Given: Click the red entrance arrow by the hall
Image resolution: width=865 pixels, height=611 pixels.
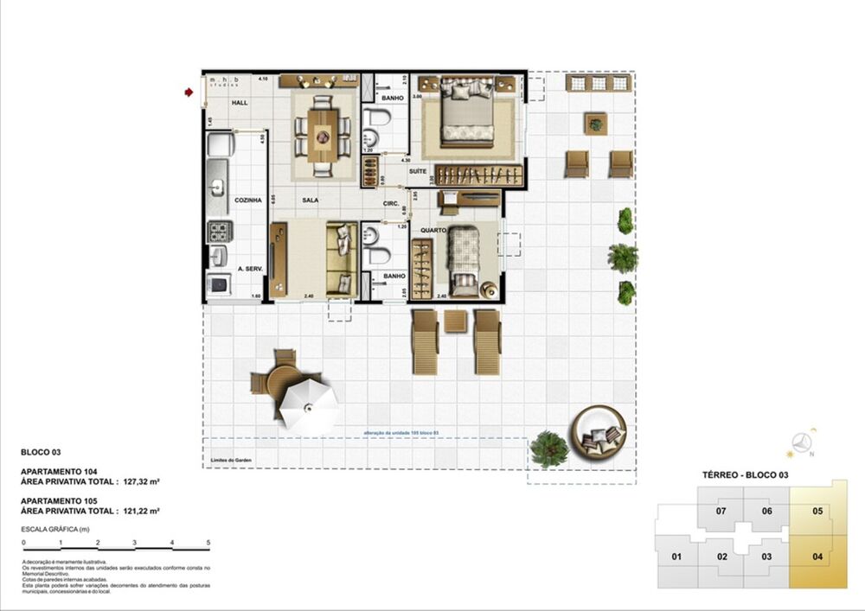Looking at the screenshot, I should [189, 92].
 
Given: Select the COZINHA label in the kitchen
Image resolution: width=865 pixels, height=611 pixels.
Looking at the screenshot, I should [247, 200].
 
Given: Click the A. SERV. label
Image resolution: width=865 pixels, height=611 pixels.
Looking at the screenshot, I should [250, 269].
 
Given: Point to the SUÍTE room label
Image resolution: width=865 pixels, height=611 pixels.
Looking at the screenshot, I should [418, 171].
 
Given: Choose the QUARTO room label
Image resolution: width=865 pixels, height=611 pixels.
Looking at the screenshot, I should [432, 231].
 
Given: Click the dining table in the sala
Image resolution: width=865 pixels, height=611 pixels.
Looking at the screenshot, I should [324, 134].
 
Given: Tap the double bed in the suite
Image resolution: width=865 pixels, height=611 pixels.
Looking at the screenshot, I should [468, 112].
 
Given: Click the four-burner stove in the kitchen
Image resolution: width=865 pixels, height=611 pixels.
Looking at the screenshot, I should [219, 231].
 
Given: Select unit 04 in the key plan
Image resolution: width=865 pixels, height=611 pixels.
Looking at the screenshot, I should [817, 556].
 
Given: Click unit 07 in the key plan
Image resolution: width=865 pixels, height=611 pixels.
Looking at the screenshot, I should [721, 510].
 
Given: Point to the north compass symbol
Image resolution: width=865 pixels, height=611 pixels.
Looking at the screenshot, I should [806, 442].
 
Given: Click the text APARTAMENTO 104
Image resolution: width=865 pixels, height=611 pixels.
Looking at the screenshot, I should [58, 472].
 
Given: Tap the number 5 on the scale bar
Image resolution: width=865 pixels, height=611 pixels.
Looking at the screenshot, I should [208, 543].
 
